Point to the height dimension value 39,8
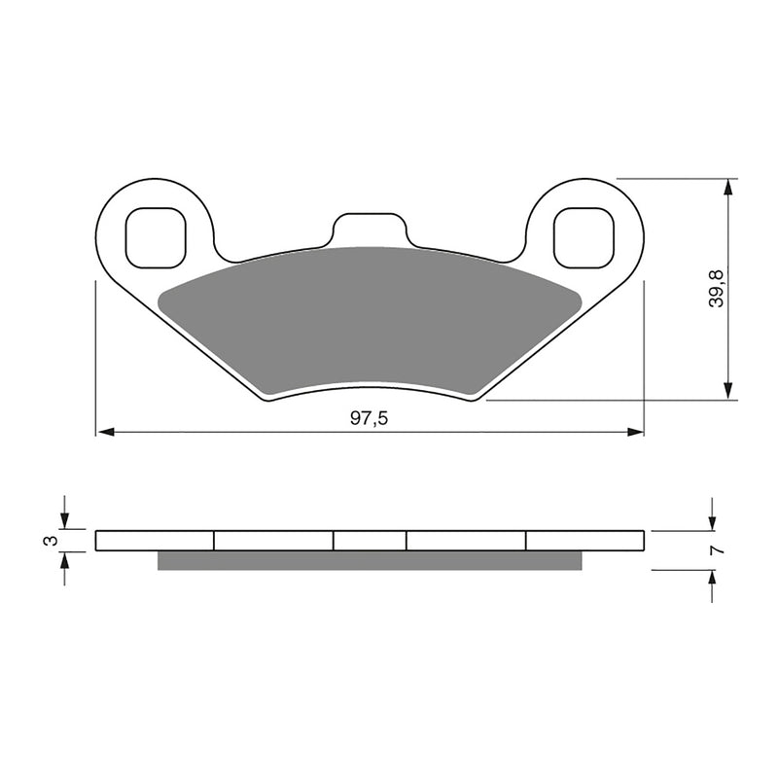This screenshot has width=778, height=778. (x=717, y=289)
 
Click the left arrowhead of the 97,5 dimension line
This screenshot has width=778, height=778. (x=103, y=431)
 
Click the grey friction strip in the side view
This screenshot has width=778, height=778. (x=370, y=560)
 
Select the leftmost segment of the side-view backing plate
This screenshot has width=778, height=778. (x=155, y=541)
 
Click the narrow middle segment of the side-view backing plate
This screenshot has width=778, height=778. (x=370, y=541)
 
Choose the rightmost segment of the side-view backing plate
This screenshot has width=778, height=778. (x=584, y=541)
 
